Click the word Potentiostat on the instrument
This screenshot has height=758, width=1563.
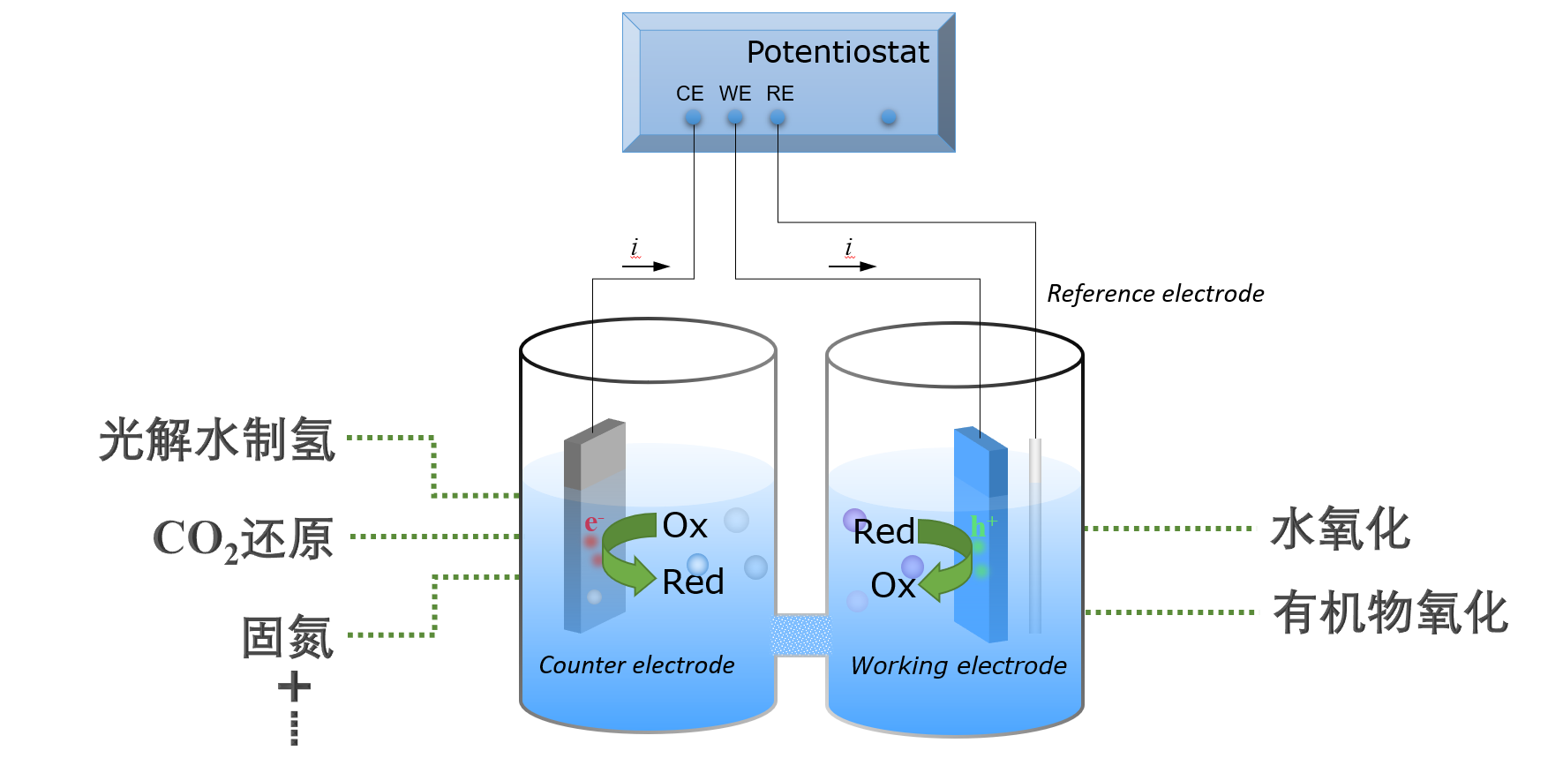(x=838, y=52)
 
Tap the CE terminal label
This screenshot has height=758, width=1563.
(x=689, y=94)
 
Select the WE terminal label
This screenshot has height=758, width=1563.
(x=734, y=94)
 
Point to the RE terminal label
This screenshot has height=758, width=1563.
(x=779, y=94)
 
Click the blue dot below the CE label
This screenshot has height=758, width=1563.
(x=694, y=117)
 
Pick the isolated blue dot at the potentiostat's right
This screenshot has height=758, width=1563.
(x=889, y=117)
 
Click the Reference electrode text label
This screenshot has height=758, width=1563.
(x=1155, y=294)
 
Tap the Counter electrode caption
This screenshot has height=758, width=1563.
(x=636, y=665)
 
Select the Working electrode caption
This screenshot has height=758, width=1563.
(x=958, y=665)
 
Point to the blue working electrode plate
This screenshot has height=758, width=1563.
(x=980, y=529)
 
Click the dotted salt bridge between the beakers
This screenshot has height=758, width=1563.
(x=801, y=635)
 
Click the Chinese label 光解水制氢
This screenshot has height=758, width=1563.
(x=217, y=439)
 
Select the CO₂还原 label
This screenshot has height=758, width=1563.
(x=243, y=538)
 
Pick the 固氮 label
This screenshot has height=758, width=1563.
(x=288, y=637)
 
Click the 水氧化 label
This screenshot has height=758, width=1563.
(x=1340, y=529)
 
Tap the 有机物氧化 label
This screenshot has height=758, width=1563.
(x=1390, y=613)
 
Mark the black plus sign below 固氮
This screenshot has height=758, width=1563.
(x=294, y=687)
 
